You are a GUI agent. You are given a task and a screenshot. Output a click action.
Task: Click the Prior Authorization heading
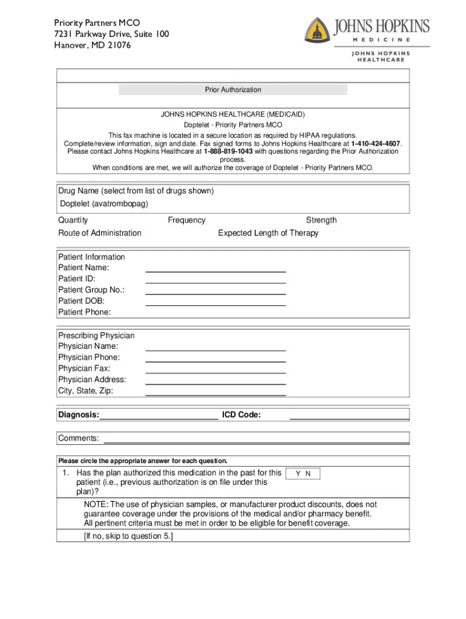click(x=233, y=89)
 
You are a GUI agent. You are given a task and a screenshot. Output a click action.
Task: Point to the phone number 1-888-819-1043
click(x=228, y=151)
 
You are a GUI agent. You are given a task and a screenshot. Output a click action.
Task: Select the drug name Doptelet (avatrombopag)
click(x=103, y=204)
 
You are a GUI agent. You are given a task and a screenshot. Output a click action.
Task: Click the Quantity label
click(x=73, y=220)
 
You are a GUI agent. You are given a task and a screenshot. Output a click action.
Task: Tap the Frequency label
click(x=186, y=220)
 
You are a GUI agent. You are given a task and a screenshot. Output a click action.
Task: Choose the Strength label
click(x=321, y=220)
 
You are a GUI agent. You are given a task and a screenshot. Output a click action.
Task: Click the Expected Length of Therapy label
click(x=268, y=233)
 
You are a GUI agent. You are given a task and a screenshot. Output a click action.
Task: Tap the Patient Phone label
click(x=84, y=312)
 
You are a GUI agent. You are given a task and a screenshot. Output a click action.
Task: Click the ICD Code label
click(x=241, y=415)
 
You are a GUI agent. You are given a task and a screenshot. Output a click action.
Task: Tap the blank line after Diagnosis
click(x=159, y=416)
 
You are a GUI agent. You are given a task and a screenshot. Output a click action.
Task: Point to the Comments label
click(x=78, y=438)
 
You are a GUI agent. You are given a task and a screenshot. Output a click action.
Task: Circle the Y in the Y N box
click(x=298, y=474)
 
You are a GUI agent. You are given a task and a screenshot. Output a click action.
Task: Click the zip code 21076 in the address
click(x=120, y=45)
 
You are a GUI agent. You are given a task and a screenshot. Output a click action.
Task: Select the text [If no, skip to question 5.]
click(x=128, y=536)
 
